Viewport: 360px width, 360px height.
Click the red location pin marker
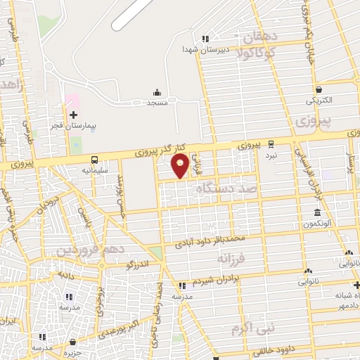click(180, 167)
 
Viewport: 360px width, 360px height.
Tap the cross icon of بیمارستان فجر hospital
click(74, 114)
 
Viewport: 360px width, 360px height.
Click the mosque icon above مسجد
click(157, 92)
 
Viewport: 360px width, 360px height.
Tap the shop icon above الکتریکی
click(319, 89)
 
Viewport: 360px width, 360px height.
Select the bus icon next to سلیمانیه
click(94, 159)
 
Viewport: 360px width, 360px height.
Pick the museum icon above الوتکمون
click(317, 213)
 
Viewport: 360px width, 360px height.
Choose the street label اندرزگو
click(138, 264)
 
